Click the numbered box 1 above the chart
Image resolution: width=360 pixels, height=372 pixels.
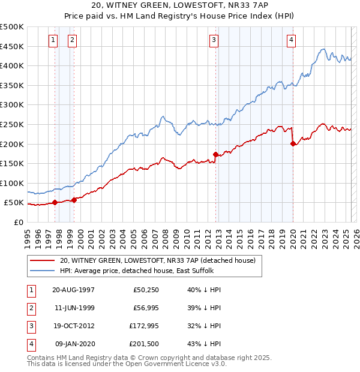[x=53, y=40]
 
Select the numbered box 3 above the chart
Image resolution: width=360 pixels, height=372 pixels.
[x=214, y=40]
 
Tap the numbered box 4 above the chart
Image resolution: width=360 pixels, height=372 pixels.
[x=291, y=40]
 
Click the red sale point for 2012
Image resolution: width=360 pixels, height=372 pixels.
[x=215, y=154]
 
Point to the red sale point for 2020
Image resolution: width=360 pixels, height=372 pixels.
[x=293, y=143]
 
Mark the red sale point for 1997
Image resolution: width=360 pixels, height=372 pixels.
[x=55, y=202]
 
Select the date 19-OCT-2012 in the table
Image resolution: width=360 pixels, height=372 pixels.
[x=73, y=326]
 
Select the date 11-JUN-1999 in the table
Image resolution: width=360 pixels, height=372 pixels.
[x=73, y=308]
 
